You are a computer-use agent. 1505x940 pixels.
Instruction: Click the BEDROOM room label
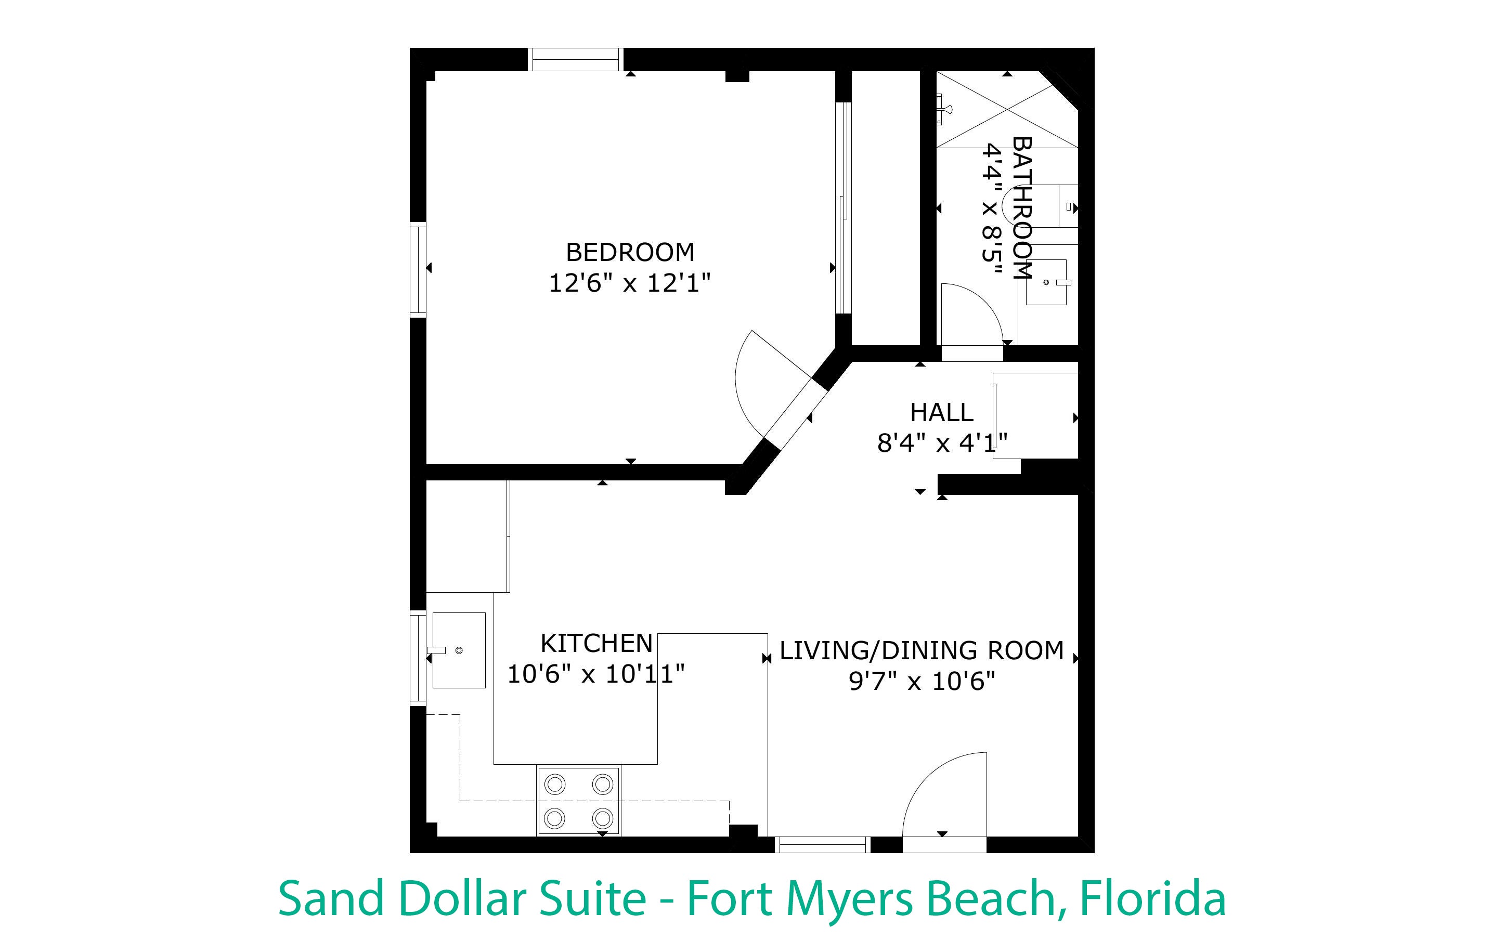tap(630, 252)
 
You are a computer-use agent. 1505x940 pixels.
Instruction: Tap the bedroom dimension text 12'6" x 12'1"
tap(630, 283)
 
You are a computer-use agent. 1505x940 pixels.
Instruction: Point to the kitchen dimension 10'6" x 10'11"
tap(596, 674)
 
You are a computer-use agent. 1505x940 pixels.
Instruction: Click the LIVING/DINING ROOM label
tap(922, 651)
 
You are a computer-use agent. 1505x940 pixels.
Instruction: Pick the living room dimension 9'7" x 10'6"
tap(922, 682)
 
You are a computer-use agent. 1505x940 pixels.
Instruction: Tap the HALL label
tap(942, 413)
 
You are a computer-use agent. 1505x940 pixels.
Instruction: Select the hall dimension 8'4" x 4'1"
tap(942, 443)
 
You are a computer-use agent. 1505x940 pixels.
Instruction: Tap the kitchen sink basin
tap(459, 650)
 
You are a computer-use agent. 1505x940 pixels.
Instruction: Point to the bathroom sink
tap(1046, 282)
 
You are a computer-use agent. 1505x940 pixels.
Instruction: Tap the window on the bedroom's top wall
tap(576, 60)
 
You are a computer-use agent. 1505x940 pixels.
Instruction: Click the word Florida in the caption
tap(1152, 899)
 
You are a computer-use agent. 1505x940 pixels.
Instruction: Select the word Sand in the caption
tap(331, 899)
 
